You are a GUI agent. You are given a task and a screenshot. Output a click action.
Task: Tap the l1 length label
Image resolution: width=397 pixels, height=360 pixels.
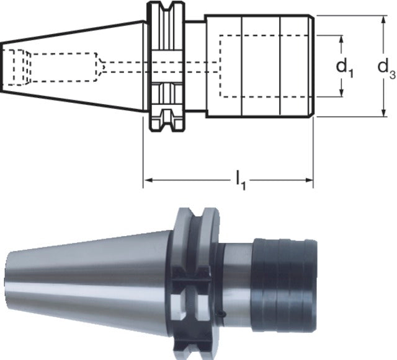coord(241,180)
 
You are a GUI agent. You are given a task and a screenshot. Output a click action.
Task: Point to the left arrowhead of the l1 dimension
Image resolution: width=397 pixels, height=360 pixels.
coord(148,180)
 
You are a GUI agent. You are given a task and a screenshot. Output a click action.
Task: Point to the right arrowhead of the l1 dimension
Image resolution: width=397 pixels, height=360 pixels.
coord(309,180)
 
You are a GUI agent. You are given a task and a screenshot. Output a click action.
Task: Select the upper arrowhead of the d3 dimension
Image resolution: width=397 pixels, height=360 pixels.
coord(384,20)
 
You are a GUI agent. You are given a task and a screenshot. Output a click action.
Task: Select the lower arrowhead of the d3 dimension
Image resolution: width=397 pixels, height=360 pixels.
coord(384,113)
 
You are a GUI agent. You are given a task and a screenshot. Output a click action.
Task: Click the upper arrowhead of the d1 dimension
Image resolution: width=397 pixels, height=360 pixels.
coord(342,40)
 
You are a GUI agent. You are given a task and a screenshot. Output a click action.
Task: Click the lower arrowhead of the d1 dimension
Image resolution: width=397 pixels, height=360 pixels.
coord(342,92)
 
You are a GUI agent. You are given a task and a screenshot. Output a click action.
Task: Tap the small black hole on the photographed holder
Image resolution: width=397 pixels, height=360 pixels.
coord(222,314)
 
